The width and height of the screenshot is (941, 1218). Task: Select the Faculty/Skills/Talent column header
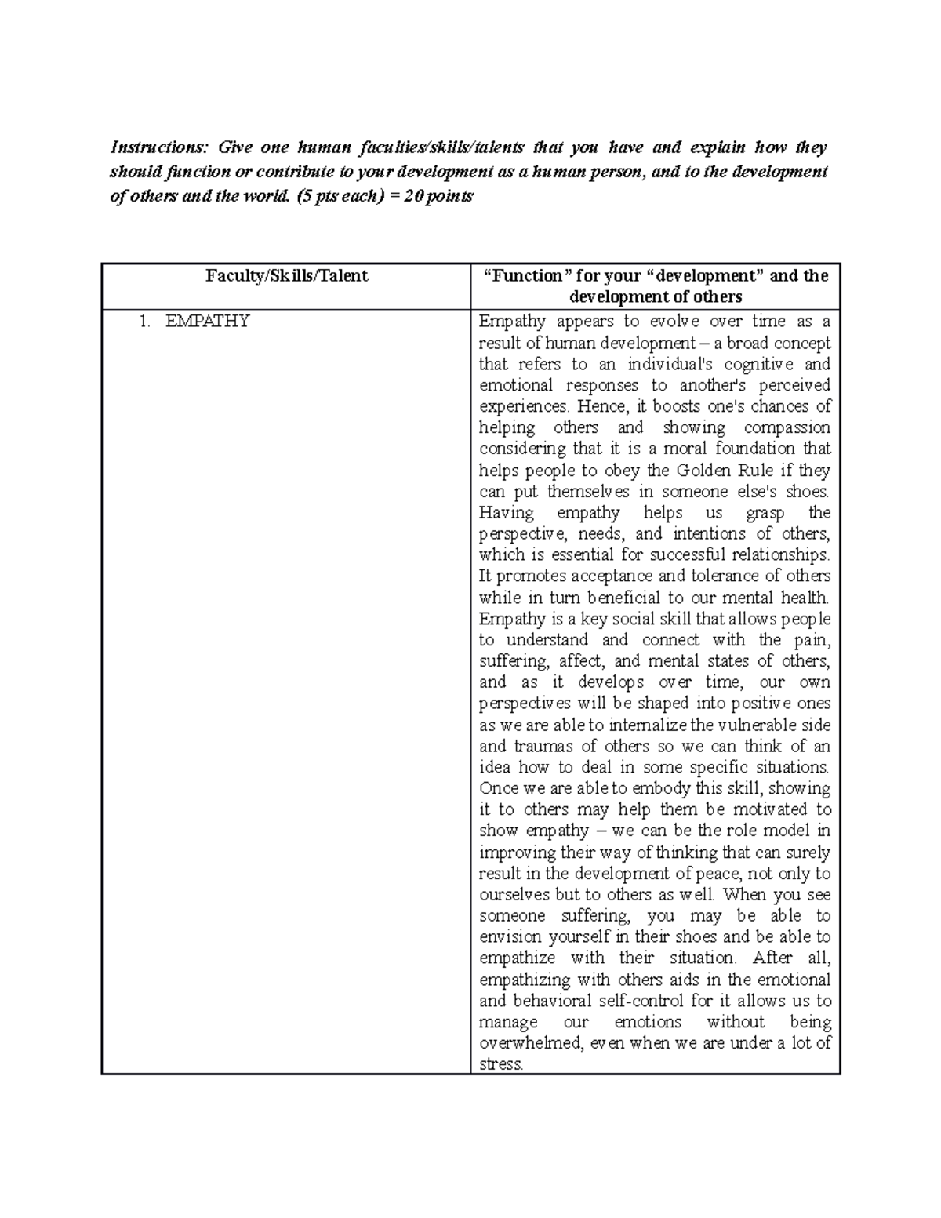pos(286,276)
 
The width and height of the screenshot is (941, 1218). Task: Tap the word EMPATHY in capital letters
pos(207,321)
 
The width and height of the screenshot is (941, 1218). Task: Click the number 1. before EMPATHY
pos(144,321)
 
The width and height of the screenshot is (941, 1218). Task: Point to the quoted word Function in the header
pos(525,276)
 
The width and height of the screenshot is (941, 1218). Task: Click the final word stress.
pos(501,1065)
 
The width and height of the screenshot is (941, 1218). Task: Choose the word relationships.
pos(779,555)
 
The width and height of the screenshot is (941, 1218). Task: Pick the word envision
pos(511,937)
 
